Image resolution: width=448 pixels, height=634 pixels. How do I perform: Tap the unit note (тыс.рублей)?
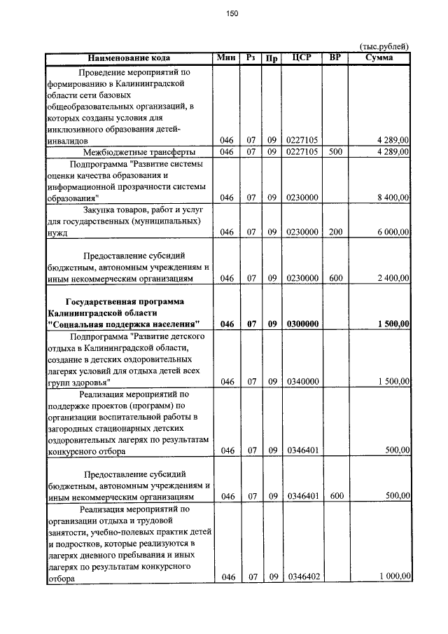(384, 46)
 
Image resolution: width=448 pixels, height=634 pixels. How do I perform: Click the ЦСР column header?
(302, 57)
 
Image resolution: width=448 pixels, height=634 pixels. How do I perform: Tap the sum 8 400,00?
(393, 198)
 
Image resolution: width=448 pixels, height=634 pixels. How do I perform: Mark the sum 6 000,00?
(393, 232)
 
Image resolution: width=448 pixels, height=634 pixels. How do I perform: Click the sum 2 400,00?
(393, 278)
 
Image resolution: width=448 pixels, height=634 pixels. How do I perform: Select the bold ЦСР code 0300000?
(302, 324)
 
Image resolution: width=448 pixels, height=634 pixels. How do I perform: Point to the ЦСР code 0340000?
(302, 382)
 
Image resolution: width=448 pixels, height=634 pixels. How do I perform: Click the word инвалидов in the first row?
(68, 141)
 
